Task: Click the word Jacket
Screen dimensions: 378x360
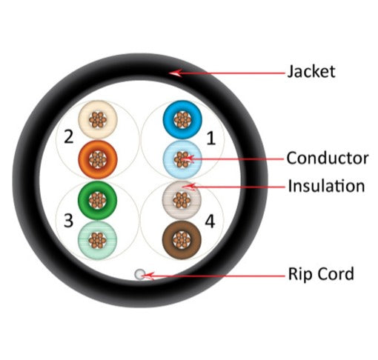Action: [311, 72]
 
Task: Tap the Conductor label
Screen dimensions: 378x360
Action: [328, 158]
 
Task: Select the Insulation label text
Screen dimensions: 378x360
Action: [326, 186]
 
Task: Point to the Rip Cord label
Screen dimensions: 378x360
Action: [321, 273]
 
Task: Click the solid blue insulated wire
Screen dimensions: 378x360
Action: [182, 119]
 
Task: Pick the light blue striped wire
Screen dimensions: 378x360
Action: [182, 159]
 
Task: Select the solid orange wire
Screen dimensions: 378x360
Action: [98, 159]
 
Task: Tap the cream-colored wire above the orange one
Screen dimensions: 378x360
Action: [98, 119]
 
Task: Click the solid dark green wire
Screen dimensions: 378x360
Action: [98, 200]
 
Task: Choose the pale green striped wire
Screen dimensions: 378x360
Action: [98, 240]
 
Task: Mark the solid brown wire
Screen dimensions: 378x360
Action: [182, 240]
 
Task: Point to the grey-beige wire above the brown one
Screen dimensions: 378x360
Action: [182, 200]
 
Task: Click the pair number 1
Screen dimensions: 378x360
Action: [210, 138]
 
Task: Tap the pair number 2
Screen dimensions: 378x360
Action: [69, 136]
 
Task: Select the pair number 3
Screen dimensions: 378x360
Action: [68, 221]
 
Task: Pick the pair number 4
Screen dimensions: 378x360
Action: [210, 221]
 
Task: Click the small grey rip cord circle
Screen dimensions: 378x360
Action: [140, 274]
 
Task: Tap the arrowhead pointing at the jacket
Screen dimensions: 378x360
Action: [176, 73]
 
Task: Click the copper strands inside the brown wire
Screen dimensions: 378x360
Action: [182, 240]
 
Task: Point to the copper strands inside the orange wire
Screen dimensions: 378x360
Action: [98, 159]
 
